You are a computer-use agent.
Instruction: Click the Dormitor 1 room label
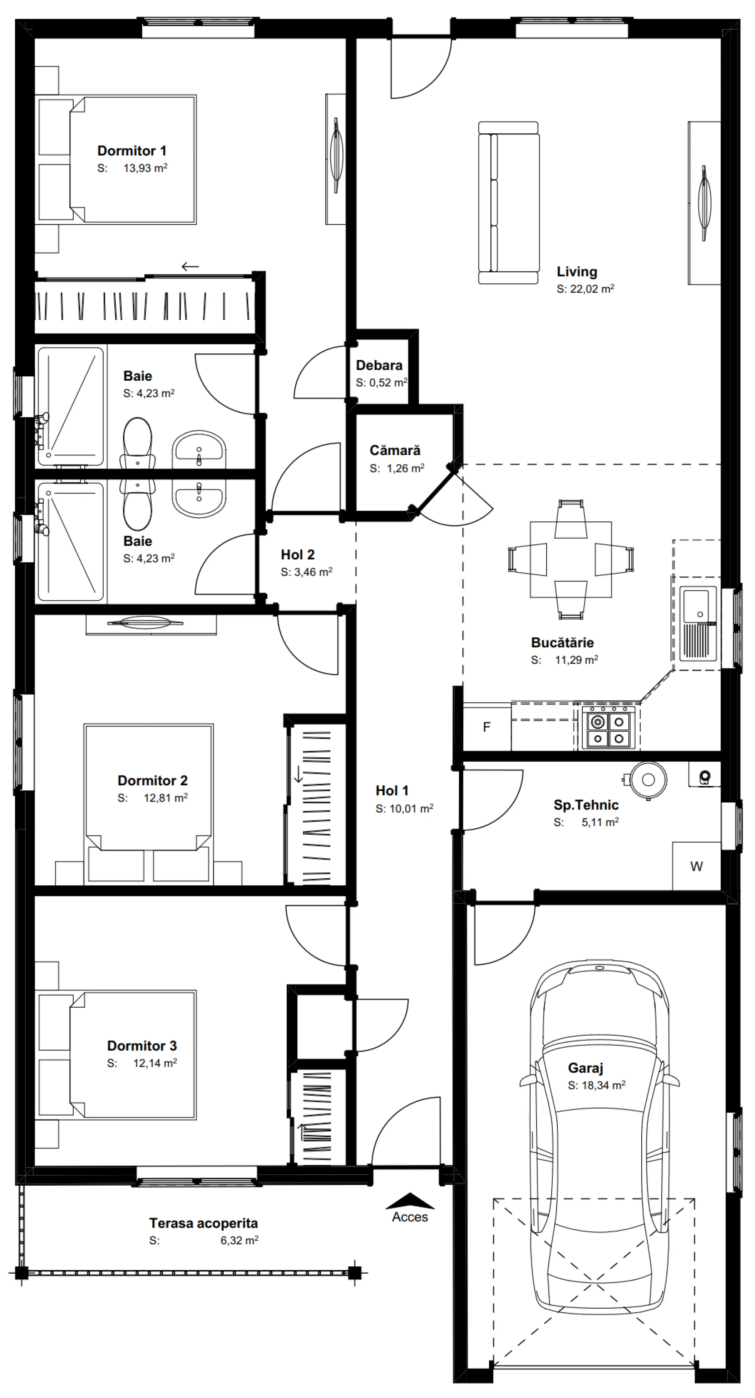point(132,151)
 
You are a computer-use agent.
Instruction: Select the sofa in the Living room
point(509,203)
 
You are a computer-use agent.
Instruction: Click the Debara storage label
point(379,365)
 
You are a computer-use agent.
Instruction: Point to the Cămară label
point(395,450)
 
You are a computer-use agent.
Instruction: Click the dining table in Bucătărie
point(571,559)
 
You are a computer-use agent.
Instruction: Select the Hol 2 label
point(297,555)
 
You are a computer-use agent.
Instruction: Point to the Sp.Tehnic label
point(586,805)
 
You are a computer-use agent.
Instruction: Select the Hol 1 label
point(392,791)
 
